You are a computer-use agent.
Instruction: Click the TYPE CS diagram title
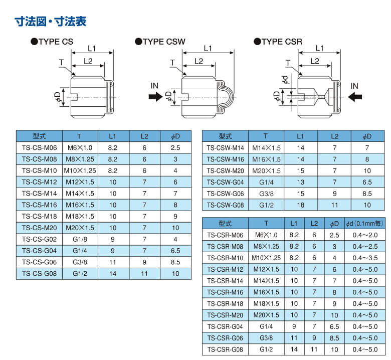click(x=52, y=42)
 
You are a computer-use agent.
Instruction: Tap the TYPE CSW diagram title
click(x=160, y=42)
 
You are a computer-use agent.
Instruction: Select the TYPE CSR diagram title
click(x=278, y=42)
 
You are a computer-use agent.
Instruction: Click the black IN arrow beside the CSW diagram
click(x=155, y=97)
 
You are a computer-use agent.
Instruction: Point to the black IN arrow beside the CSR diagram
click(x=355, y=97)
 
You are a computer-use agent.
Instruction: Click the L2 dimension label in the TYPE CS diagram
click(x=88, y=61)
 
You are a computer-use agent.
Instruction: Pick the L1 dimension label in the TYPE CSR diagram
click(x=319, y=48)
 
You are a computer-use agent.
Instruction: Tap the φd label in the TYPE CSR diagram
click(x=285, y=79)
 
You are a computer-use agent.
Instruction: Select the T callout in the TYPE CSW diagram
click(x=172, y=63)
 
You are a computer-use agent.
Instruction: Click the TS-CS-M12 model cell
click(x=39, y=182)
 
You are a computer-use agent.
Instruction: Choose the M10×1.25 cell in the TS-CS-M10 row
click(x=80, y=170)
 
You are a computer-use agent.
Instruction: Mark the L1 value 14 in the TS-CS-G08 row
click(x=113, y=274)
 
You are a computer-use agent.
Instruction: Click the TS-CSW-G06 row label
click(x=225, y=194)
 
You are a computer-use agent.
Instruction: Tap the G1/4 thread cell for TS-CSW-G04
click(x=266, y=182)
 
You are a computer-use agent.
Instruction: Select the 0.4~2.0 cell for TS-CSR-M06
click(x=365, y=235)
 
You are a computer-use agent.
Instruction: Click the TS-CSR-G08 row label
click(x=225, y=349)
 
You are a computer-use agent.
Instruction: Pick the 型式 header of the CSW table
click(x=225, y=136)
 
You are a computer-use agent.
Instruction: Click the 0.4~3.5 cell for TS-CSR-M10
click(x=365, y=258)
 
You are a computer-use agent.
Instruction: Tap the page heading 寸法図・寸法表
click(x=51, y=21)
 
